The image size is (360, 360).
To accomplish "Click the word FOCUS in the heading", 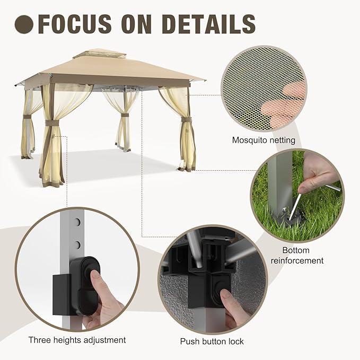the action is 74,24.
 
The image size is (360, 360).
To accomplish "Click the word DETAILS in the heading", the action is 209,24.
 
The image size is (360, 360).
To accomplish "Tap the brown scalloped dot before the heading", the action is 24,24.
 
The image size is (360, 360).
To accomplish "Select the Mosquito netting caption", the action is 264,140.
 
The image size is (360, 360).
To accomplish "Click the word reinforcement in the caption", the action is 297,260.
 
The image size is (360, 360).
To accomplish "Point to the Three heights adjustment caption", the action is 77,340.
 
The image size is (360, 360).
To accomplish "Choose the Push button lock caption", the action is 212,341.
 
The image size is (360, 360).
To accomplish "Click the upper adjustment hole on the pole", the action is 78,222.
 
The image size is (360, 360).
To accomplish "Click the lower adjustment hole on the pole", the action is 78,245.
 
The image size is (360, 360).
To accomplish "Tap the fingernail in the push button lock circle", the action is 224,295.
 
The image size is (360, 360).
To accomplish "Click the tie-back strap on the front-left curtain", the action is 52,124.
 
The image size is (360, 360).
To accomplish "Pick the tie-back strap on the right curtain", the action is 187,120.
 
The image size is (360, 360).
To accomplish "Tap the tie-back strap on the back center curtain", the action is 125,115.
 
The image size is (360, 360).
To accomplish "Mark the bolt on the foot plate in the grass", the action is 285,209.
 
